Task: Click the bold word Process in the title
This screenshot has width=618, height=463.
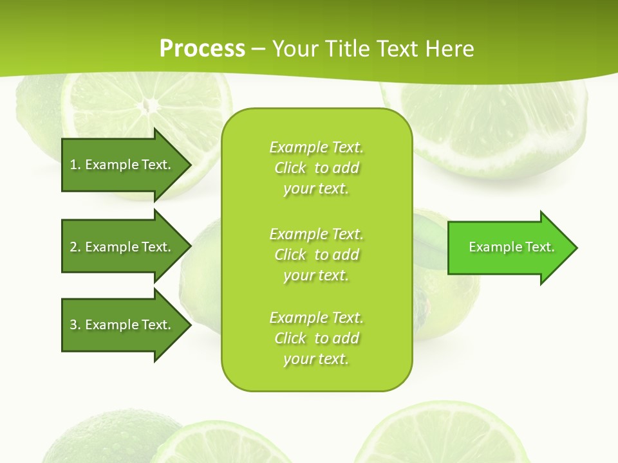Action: pos(202,49)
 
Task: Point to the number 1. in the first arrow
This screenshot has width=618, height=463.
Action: pos(75,165)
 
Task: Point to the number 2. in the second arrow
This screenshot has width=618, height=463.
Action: pos(75,247)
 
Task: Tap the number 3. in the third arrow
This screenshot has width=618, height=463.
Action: pos(75,325)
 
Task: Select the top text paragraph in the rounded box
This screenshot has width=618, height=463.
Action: pos(317,168)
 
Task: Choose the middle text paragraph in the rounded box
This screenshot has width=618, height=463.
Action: pos(317,255)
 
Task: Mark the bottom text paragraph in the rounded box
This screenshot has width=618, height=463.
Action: pos(317,338)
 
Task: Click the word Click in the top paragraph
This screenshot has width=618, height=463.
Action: pos(290,168)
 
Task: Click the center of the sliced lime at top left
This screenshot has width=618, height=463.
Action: pos(149,104)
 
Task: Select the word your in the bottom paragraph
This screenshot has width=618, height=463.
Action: pos(297,359)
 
